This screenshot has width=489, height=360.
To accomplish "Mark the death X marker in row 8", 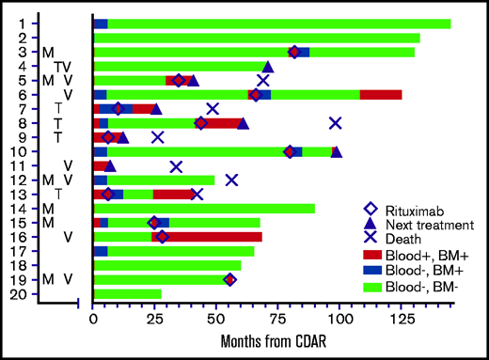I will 335,123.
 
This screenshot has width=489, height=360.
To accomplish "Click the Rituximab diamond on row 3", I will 294,52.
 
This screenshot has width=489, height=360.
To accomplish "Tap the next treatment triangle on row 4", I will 268,66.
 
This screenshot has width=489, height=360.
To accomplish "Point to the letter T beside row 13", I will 58,194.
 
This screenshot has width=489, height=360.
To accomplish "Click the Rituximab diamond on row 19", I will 229,279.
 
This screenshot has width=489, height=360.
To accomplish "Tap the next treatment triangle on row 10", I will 337,151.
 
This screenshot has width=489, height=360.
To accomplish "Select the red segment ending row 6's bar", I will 381,94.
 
